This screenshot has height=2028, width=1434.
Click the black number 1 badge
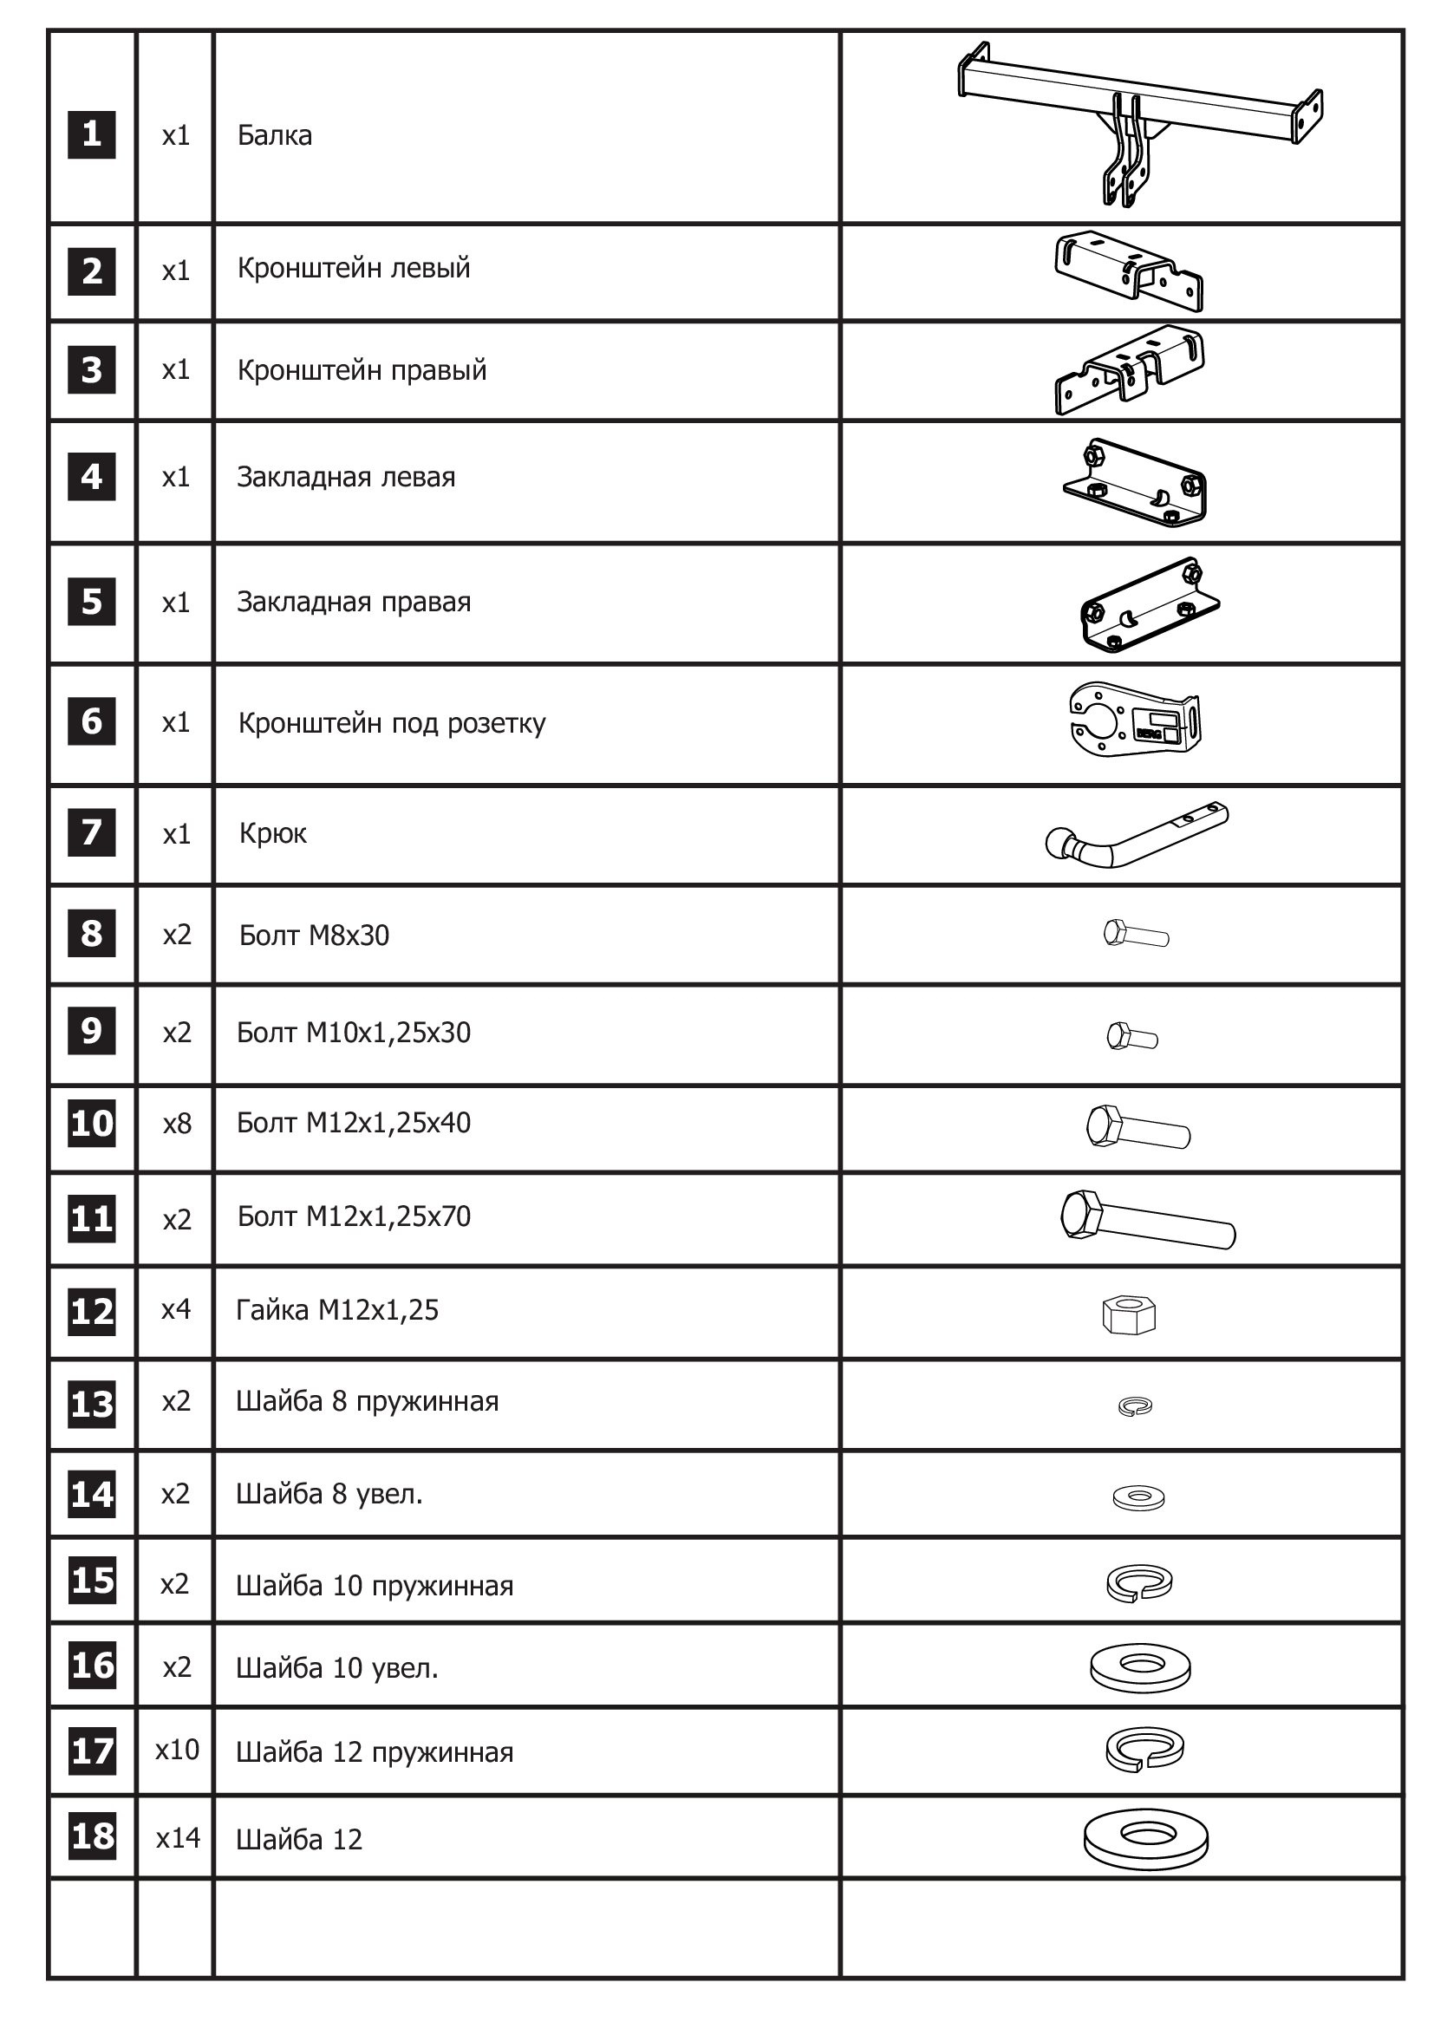coord(91,134)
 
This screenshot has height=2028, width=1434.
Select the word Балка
coord(275,135)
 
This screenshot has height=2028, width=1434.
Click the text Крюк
coord(273,833)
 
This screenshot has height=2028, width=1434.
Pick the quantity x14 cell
coord(179,1838)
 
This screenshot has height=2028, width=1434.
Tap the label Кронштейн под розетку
coord(392,723)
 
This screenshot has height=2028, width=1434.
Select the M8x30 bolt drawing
coord(1137,934)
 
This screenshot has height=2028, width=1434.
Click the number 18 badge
coord(93,1838)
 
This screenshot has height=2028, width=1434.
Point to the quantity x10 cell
coord(178,1750)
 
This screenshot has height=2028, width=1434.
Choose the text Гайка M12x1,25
coord(337,1310)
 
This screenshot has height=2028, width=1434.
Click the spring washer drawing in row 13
coord(1135,1406)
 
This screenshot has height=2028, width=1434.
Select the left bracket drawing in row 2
coord(1129,271)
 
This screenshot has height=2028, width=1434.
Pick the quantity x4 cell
coord(176,1309)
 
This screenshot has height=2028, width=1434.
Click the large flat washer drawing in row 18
coord(1145,1839)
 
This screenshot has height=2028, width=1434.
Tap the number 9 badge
coord(92,1030)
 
